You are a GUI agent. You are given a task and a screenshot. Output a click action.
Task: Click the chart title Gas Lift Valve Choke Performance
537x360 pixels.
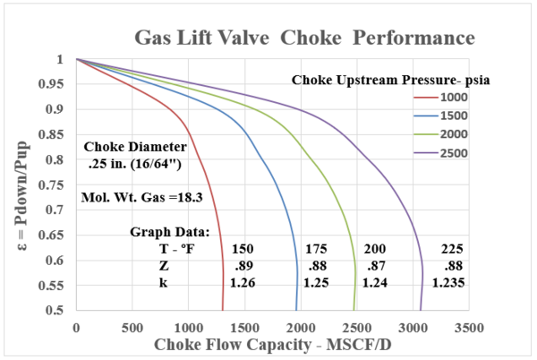[x=303, y=39]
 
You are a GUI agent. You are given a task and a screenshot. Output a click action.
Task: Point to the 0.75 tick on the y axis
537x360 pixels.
[x=57, y=185]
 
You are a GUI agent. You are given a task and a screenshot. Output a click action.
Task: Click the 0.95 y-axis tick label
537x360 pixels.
[x=57, y=85]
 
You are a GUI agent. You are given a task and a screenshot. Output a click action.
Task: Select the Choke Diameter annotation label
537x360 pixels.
[x=134, y=146]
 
